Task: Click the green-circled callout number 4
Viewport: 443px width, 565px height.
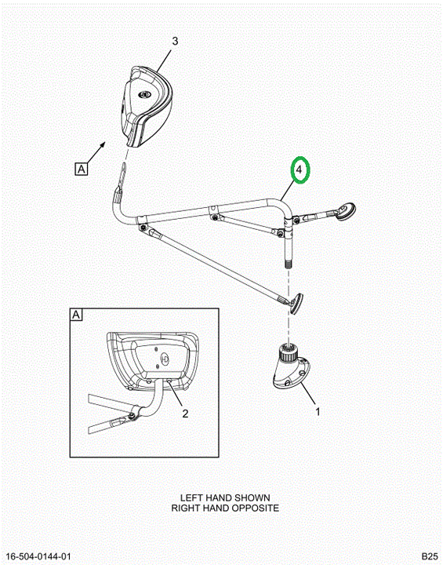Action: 300,169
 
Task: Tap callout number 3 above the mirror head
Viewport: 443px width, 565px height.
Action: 175,41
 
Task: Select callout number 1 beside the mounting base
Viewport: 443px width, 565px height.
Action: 318,411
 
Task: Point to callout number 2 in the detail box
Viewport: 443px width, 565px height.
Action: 185,414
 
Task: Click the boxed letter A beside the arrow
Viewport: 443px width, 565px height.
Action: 82,169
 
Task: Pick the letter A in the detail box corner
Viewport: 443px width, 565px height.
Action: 76,315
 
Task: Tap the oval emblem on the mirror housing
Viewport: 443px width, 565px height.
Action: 145,94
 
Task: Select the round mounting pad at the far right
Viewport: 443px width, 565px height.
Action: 347,210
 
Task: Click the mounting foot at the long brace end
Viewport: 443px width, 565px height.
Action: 296,304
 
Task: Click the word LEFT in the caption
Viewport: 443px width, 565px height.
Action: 190,498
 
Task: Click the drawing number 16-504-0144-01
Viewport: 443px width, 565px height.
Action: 38,556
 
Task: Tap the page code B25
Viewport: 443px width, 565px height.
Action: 430,556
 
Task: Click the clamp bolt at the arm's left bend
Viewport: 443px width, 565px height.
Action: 143,227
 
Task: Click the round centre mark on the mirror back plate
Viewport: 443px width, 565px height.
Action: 165,358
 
